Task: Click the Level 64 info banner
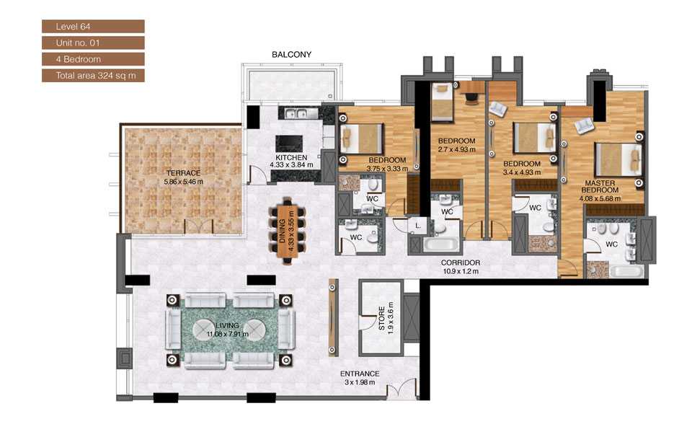93,27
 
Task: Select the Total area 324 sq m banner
93,75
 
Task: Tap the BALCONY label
291,55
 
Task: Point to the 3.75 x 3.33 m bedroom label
387,164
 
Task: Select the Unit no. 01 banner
93,43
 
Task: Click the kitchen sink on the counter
297,113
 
